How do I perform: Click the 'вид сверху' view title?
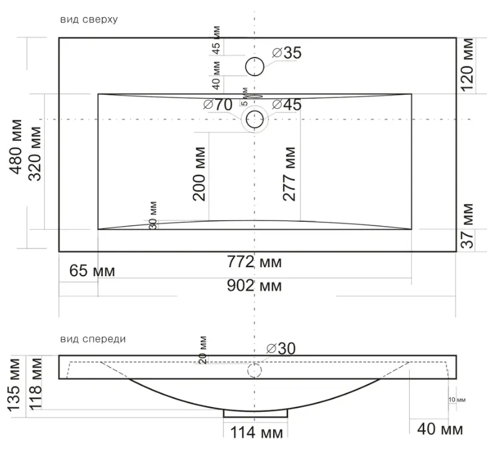click(89, 20)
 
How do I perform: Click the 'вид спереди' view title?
click(93, 339)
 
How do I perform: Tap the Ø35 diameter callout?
click(286, 53)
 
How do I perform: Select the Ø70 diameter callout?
click(218, 105)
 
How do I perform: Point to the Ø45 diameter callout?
click(286, 105)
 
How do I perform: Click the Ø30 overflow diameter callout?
click(281, 349)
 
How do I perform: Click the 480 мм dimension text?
click(16, 147)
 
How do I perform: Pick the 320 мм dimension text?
click(35, 154)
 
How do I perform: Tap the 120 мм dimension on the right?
click(467, 65)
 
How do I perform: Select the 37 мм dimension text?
click(467, 226)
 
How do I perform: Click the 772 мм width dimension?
click(254, 262)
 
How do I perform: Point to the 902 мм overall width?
click(254, 286)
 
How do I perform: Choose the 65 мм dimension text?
click(92, 271)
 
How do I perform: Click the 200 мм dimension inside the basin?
click(199, 174)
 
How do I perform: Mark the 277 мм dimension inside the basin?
click(289, 174)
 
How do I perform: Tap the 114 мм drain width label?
click(257, 433)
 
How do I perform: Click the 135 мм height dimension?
click(14, 386)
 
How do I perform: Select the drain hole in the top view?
click(255, 119)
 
